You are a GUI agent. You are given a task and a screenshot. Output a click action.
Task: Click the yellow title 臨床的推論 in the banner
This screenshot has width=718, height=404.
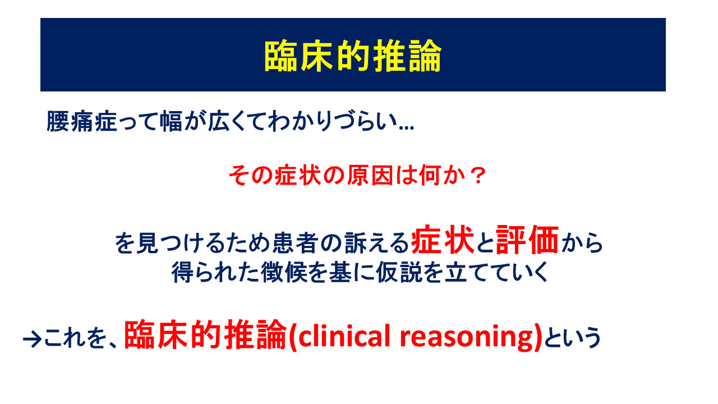(353, 56)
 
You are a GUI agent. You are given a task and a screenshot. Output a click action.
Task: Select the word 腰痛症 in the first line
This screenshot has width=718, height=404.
(82, 122)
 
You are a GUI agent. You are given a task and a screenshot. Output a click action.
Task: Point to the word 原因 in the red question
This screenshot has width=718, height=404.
(370, 176)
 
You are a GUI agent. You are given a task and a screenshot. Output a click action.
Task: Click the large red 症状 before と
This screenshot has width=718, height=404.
(443, 240)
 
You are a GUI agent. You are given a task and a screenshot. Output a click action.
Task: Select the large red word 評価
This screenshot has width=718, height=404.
(527, 240)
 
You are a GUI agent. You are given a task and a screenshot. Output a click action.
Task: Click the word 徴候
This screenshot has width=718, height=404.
(284, 272)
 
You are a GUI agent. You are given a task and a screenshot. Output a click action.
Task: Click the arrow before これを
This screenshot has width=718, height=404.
(32, 339)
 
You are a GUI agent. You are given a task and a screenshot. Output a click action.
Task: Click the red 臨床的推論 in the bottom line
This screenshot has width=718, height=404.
(205, 335)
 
